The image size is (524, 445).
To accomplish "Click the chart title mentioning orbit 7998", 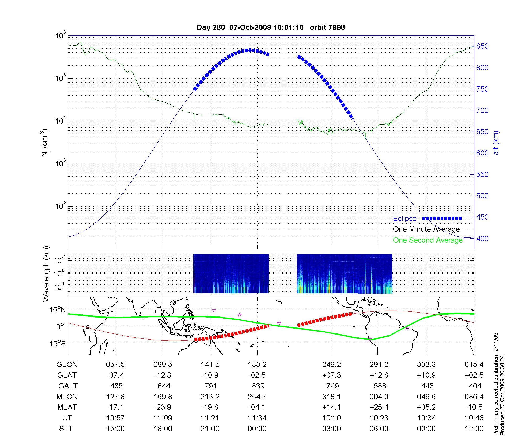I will (x=271, y=27).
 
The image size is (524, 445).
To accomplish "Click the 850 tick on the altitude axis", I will (x=482, y=46).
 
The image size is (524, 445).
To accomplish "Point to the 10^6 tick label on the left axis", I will (x=61, y=36).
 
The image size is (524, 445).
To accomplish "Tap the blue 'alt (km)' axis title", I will (x=496, y=143).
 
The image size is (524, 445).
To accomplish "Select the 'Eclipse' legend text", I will (x=405, y=219).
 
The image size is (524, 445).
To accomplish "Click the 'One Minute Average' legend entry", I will (x=426, y=229).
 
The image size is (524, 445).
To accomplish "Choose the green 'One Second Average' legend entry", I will (x=428, y=240).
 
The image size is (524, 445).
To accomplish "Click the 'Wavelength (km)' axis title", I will (x=46, y=274).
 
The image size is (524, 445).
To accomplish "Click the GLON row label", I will (x=67, y=365).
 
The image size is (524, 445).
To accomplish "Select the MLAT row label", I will (x=67, y=407).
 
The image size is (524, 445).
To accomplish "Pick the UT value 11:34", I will (x=257, y=418).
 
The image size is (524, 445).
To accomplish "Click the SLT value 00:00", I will (x=257, y=429).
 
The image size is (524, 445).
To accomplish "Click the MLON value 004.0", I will (x=379, y=397).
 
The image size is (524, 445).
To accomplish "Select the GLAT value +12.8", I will (x=379, y=375).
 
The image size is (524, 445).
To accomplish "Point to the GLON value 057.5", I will (x=115, y=365).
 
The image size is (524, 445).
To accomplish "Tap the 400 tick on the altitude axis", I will (x=482, y=239).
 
